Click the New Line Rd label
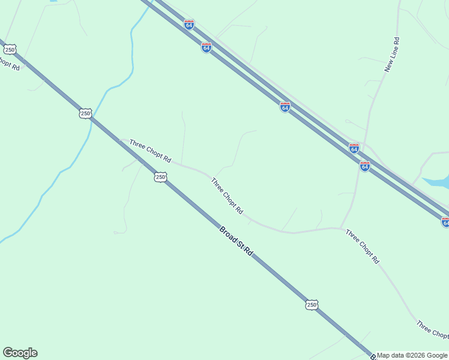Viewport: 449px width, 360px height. tap(393, 55)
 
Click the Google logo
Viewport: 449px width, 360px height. tap(20, 353)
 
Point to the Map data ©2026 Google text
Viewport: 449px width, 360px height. tap(412, 355)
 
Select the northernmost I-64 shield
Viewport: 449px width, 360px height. tap(189, 25)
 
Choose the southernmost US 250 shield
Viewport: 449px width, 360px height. tap(311, 305)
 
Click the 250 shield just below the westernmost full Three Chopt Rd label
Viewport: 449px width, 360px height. tap(160, 176)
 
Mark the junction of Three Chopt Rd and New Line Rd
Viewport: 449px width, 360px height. tap(341, 228)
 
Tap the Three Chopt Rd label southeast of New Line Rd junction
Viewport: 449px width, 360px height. tap(363, 247)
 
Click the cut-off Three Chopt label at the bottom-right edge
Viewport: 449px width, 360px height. tap(433, 329)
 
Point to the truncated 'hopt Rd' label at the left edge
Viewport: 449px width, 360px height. tap(10, 64)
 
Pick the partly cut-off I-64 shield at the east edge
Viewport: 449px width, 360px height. tap(445, 222)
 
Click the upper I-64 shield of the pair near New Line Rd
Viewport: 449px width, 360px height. tap(354, 148)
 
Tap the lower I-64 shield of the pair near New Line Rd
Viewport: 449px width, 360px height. tap(365, 166)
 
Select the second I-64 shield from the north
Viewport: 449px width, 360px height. tap(206, 47)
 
